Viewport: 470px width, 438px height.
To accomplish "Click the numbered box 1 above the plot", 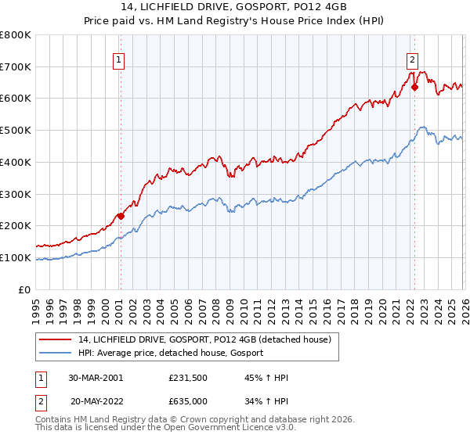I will tap(118, 59).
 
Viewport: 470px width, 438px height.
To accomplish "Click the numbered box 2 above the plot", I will tap(412, 59).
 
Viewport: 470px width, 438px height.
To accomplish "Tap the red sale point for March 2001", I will tap(121, 216).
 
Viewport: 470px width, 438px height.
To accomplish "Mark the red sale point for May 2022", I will tap(414, 88).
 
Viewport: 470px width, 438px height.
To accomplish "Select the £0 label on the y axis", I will tap(25, 289).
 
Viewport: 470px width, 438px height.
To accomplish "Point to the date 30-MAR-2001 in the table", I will tap(96, 378).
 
